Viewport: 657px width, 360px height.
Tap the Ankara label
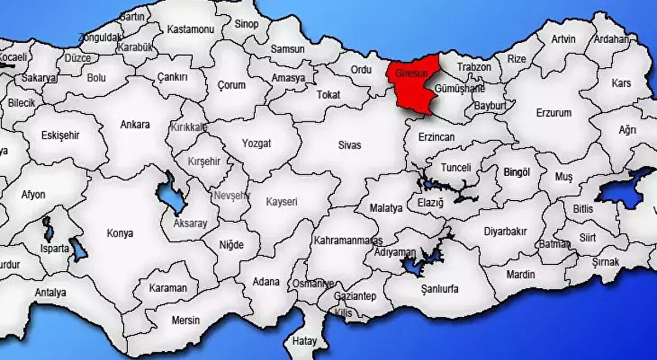[x=135, y=125]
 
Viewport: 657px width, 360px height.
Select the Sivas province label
[x=349, y=145]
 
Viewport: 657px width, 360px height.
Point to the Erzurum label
[x=554, y=113]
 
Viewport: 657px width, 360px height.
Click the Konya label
[x=120, y=233]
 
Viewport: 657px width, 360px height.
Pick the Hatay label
[x=304, y=340]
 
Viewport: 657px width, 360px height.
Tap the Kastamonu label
[x=191, y=29]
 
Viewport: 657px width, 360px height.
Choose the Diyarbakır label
[x=505, y=231]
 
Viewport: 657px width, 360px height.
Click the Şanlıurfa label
[x=440, y=289]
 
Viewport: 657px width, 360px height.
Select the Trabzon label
[x=474, y=67]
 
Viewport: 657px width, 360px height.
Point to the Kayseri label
[x=281, y=202]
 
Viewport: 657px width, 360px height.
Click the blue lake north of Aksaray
[x=171, y=194]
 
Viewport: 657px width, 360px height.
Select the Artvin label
[x=563, y=39]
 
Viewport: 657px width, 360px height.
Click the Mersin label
[x=186, y=320]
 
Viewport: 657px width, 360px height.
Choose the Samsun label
[x=287, y=49]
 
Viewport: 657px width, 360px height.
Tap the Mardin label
[x=521, y=275]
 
